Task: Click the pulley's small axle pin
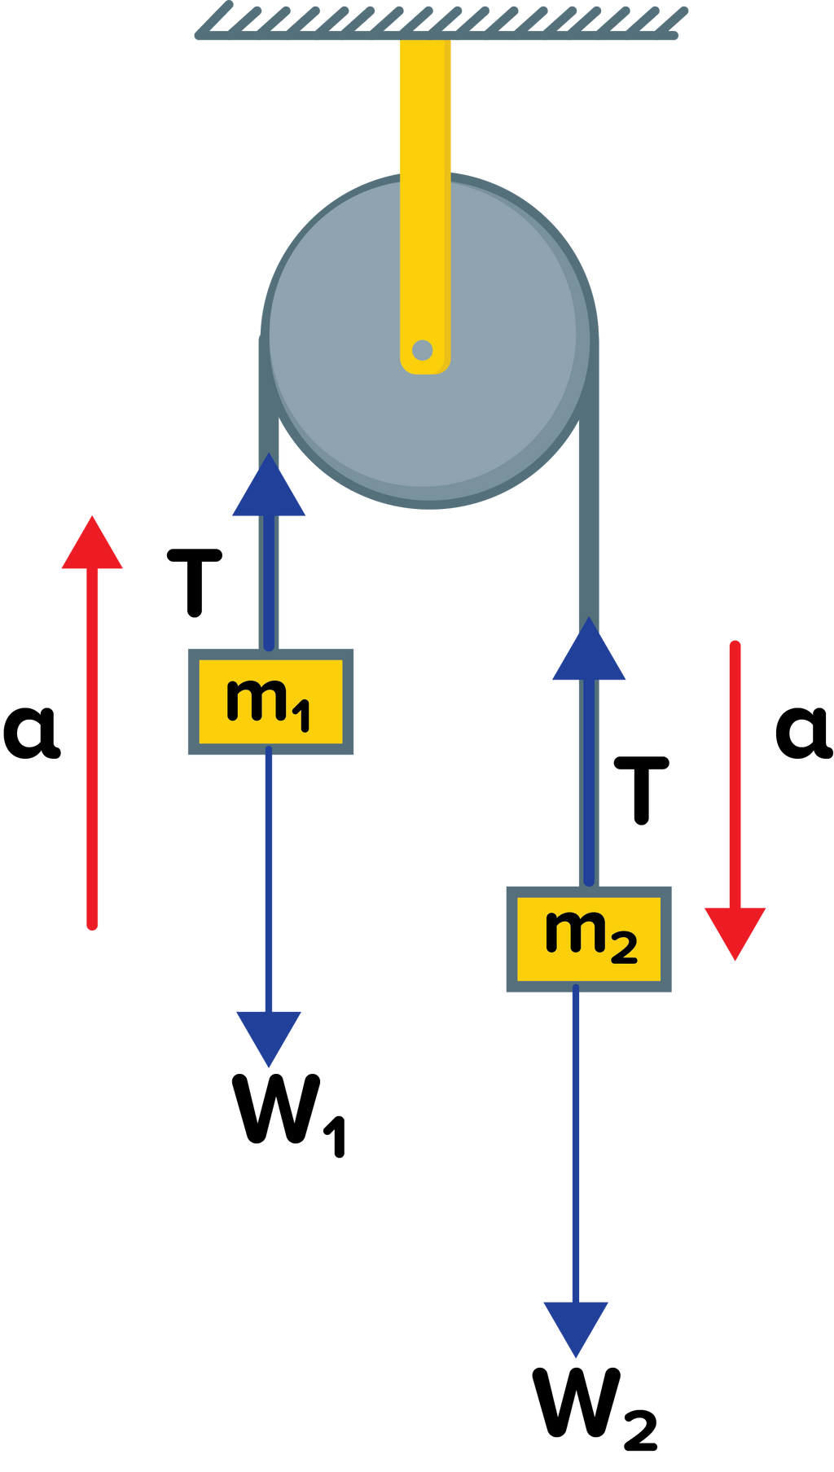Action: coord(422,351)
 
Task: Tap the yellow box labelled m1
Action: coord(270,701)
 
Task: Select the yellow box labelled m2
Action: coord(589,939)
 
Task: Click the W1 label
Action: coord(289,1111)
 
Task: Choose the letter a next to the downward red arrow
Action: coord(802,732)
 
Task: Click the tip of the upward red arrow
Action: coord(92,521)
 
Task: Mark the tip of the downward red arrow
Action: coord(735,956)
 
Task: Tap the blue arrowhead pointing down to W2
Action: coord(576,1327)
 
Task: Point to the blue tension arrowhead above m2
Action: coord(589,651)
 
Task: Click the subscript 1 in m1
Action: coord(301,717)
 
